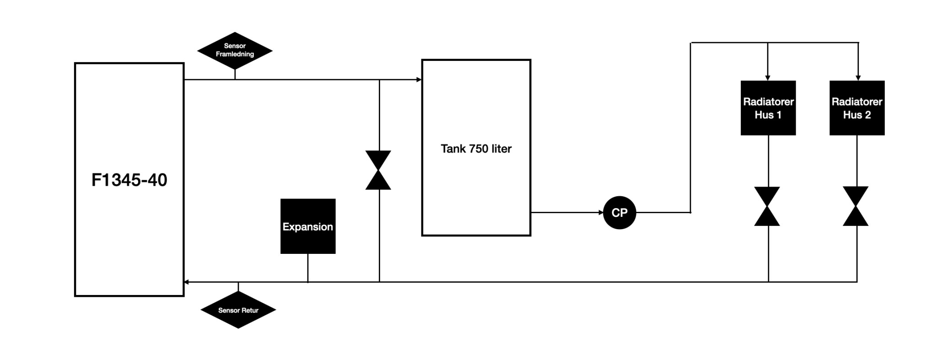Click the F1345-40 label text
(x=129, y=180)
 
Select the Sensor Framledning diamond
(x=235, y=50)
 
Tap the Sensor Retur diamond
(x=238, y=310)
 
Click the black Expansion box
(x=308, y=226)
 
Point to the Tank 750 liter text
(x=476, y=149)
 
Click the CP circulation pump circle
(x=619, y=213)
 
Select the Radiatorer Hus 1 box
(x=768, y=108)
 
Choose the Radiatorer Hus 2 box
(x=857, y=108)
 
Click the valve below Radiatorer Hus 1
(x=767, y=206)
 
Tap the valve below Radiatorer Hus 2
(x=856, y=206)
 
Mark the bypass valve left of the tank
(x=378, y=170)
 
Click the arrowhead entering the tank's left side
(x=419, y=80)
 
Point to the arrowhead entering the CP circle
(x=601, y=212)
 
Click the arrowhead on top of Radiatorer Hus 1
(x=768, y=78)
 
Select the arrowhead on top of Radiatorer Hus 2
(x=858, y=78)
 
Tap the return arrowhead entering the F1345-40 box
(x=186, y=282)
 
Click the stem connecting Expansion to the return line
(x=308, y=268)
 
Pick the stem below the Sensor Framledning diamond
(x=235, y=74)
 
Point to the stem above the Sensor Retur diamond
(x=238, y=287)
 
